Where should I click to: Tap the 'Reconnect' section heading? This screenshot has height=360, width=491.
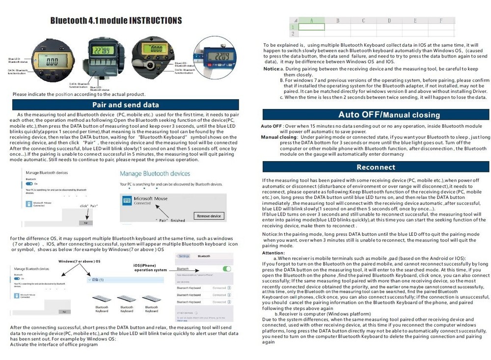376,167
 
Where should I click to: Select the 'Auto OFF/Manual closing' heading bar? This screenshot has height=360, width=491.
376,114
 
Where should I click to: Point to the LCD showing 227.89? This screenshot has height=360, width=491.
105,51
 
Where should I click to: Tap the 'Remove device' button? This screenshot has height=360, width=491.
209,216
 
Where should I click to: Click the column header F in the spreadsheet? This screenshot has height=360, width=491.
440,21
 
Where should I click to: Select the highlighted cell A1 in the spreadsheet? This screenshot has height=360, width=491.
311,27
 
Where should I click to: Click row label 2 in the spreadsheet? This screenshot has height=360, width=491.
293,33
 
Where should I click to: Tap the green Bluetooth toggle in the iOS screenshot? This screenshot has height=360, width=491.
226,269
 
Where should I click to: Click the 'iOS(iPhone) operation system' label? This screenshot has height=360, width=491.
150,268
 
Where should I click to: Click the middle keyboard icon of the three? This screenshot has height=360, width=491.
127,299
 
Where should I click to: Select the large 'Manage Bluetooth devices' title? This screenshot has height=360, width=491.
155,173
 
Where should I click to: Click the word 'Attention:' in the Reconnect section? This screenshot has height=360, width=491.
273,253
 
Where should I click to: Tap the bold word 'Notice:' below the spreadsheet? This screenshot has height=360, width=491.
271,69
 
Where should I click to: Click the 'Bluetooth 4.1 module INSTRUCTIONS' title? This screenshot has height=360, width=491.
116,20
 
